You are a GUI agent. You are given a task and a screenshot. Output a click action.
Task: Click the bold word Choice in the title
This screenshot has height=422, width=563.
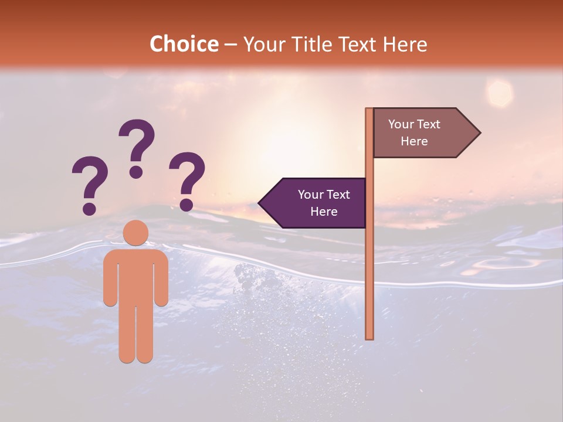[184, 45]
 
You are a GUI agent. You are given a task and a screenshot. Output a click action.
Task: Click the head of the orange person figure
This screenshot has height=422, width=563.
[136, 233]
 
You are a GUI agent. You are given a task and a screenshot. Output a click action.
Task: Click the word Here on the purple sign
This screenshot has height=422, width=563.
[324, 212]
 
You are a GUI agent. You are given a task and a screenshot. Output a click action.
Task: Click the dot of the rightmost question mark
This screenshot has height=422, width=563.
[186, 205]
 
